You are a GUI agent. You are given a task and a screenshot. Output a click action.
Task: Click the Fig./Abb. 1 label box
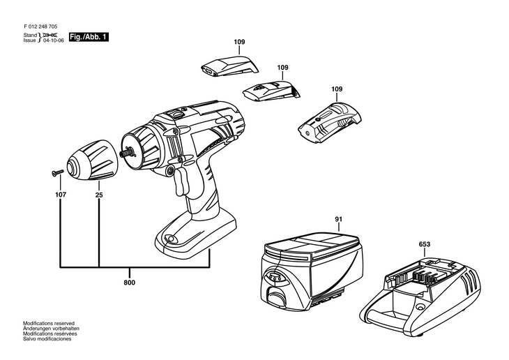[x=89, y=37]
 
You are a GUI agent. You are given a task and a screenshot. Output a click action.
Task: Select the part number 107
[x=61, y=195]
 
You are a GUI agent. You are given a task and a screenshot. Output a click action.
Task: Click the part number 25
[x=99, y=195]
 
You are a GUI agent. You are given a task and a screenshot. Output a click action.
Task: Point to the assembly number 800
[x=129, y=283]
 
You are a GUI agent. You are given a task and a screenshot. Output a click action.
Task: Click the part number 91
[x=339, y=219]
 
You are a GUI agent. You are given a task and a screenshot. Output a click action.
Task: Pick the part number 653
[x=425, y=244]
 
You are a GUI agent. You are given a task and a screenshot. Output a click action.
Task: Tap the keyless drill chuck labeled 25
[x=92, y=160]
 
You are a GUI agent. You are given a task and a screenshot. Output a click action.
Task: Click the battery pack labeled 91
[x=311, y=270]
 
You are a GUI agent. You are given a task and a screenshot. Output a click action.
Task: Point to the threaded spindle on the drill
[x=127, y=152]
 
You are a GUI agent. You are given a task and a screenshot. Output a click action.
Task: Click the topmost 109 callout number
[x=239, y=42]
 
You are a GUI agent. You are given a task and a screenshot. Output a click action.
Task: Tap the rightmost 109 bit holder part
[x=330, y=123]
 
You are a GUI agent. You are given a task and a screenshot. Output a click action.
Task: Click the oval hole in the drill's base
[x=171, y=239]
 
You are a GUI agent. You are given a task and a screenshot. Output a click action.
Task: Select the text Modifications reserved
[x=49, y=323]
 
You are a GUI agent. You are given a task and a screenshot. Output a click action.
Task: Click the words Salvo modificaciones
[x=47, y=339]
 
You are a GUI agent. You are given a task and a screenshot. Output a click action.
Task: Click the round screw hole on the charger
[x=420, y=306]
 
